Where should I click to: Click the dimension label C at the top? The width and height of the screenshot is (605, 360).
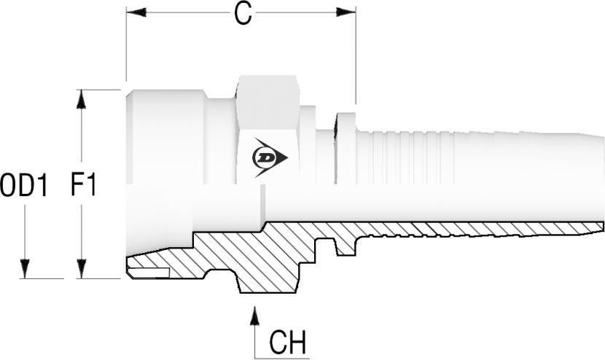tap(243, 15)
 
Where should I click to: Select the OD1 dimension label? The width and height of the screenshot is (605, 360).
tap(24, 185)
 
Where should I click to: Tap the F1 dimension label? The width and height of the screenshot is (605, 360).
tap(83, 185)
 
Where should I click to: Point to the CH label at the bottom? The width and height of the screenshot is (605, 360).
tap(288, 343)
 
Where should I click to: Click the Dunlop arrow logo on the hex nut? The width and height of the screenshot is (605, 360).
tap(270, 157)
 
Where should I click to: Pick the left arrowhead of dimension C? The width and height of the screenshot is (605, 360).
tap(136, 12)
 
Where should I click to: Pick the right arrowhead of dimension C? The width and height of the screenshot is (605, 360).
tap(346, 12)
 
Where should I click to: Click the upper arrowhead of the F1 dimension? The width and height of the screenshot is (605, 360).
tap(81, 99)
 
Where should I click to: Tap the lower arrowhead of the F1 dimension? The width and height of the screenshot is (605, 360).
tap(81, 269)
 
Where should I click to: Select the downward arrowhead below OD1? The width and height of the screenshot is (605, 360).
tap(25, 269)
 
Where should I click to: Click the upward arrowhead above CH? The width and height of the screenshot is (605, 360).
tap(254, 316)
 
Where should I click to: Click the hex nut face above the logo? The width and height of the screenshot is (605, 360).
tap(268, 102)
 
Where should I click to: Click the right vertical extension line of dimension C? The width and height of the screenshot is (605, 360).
tap(356, 55)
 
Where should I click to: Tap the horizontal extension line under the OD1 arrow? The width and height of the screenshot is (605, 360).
tap(42, 278)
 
